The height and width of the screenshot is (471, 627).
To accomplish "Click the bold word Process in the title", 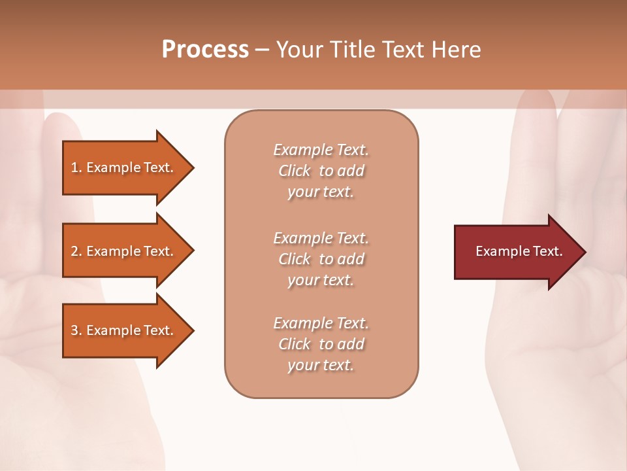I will click(205, 50).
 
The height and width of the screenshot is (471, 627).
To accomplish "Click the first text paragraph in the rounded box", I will click(321, 171).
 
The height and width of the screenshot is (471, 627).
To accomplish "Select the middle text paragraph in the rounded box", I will click(321, 259).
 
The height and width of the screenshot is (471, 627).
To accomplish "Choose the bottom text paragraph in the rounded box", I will click(321, 344).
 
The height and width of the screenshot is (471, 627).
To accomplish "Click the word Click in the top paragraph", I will click(295, 171).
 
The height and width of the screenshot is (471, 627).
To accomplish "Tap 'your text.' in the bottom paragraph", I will click(321, 366).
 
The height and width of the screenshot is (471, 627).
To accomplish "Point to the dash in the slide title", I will click(263, 50).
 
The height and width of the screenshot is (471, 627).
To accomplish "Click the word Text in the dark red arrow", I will click(548, 251).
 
